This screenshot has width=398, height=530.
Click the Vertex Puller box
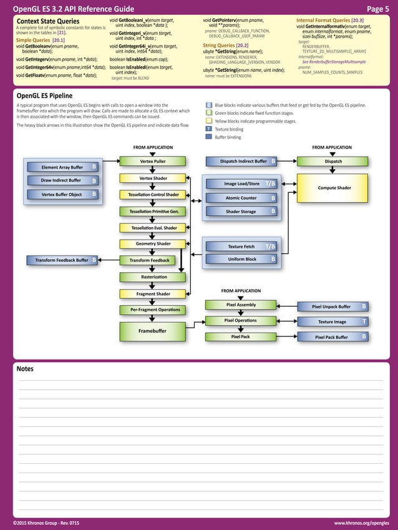click(152, 162)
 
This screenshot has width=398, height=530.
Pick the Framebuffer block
click(152, 330)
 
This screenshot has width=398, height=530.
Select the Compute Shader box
click(334, 187)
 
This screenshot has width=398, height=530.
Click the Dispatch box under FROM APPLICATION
click(334, 162)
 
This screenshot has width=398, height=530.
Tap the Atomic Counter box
click(241, 198)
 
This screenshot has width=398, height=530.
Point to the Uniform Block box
click(241, 259)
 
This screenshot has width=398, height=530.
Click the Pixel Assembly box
click(241, 305)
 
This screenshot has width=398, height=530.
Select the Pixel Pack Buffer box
click(332, 337)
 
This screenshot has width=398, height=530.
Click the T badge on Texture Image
click(364, 321)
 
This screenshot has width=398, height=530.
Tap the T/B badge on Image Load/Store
click(270, 184)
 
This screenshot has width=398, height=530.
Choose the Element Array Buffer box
click(62, 167)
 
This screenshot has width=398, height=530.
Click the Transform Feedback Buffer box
click(62, 260)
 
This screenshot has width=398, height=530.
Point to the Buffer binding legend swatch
click(209, 137)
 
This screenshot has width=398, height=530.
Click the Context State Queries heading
click(47, 21)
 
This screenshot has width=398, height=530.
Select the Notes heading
click(25, 369)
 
